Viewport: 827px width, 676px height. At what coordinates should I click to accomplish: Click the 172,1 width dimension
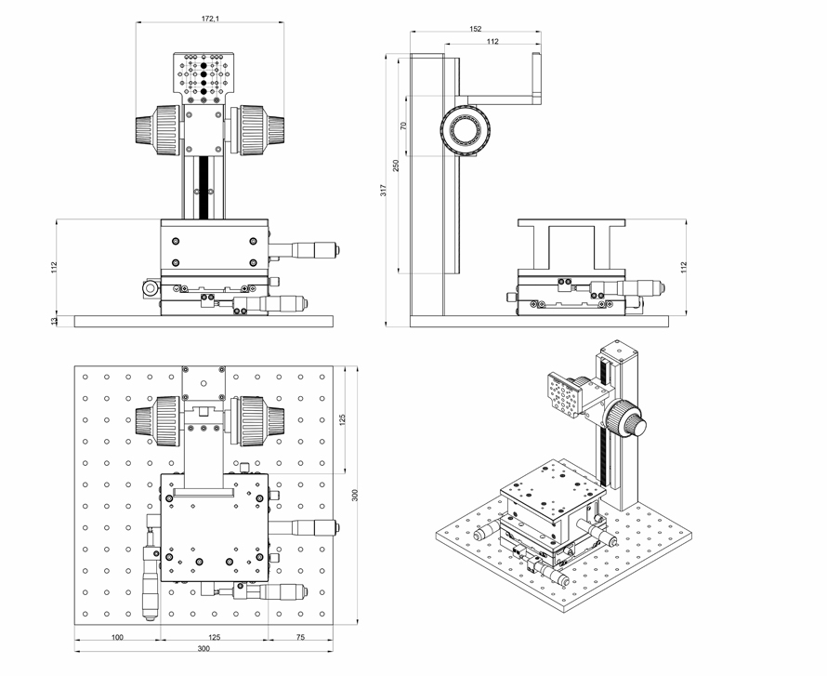[210, 19]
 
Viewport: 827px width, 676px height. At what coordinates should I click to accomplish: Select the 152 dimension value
[476, 29]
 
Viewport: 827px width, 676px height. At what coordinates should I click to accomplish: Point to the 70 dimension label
[404, 126]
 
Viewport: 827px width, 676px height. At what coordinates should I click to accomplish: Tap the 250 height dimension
[396, 165]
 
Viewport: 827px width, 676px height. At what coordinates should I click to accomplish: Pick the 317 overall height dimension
[383, 191]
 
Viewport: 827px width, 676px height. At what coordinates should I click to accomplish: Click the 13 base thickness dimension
[54, 321]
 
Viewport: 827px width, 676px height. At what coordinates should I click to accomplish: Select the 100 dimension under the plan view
[118, 638]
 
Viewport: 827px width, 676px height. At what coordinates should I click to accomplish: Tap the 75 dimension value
[301, 638]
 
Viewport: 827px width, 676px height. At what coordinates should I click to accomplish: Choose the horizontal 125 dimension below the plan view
[215, 638]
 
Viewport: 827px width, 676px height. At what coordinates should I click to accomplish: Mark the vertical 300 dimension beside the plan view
[355, 496]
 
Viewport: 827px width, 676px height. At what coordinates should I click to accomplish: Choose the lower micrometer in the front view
[279, 302]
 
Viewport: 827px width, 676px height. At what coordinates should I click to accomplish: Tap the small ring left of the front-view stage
[150, 290]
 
